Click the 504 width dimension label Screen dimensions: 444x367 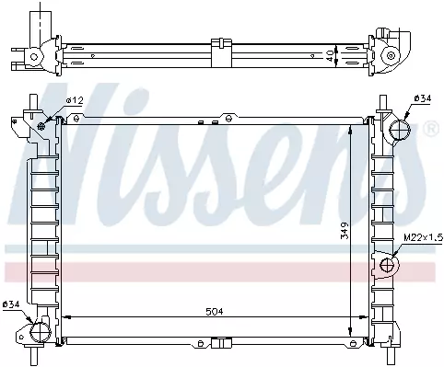point(215,312)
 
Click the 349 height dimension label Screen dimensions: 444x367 point(345,231)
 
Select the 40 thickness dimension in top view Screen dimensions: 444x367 point(330,56)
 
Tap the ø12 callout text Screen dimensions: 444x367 point(75,100)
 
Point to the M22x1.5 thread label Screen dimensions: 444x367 point(423,237)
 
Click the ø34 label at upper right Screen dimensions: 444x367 point(423,98)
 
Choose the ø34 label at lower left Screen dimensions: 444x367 point(11,304)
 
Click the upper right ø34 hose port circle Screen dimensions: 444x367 point(400,130)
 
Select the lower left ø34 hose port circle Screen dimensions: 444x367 point(40,332)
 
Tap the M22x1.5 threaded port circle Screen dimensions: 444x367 point(387,265)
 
